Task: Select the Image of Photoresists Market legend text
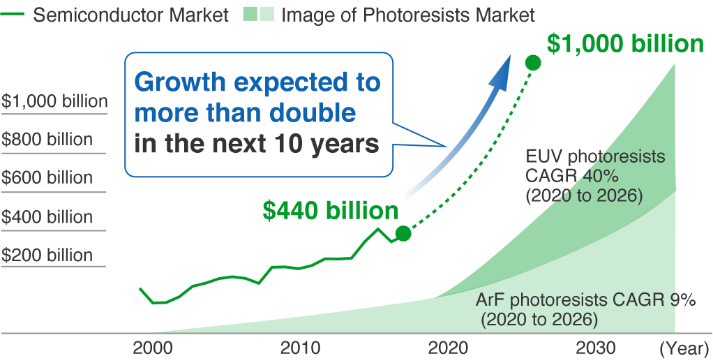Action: click(408, 15)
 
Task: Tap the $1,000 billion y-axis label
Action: click(54, 101)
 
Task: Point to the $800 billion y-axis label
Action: click(47, 140)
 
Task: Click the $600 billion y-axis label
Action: click(47, 178)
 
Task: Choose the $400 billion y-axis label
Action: click(47, 217)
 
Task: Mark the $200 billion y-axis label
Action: click(47, 255)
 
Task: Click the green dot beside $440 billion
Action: click(403, 233)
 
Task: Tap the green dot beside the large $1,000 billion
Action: click(533, 63)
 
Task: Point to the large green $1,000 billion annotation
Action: click(625, 44)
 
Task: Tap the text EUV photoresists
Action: click(585, 156)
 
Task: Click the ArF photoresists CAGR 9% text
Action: click(586, 301)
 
